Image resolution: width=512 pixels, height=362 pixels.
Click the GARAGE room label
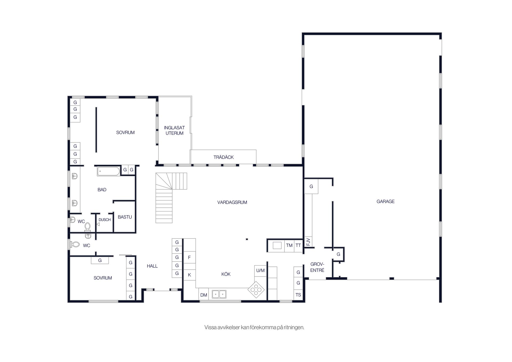[x=385, y=201]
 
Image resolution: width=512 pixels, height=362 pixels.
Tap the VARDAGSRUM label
[x=232, y=202]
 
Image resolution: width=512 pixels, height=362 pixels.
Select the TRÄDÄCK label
[x=223, y=157]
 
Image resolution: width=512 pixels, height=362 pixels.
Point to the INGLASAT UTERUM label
[x=174, y=130]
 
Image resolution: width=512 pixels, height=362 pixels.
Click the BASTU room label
[x=125, y=217]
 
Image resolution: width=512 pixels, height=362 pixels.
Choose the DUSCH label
[x=105, y=220]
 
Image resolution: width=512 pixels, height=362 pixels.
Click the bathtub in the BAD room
[x=109, y=171]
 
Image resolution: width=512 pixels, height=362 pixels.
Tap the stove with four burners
[x=256, y=289]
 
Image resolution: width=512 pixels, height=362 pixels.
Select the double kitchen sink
[x=219, y=294]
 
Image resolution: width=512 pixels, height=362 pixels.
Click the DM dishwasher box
[x=204, y=295]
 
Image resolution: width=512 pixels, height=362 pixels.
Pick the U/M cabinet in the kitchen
[x=260, y=271]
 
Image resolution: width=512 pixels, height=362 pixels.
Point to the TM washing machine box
[x=289, y=245]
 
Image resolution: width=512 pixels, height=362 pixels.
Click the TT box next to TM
[x=298, y=245]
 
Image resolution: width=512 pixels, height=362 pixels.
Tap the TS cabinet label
[x=298, y=295]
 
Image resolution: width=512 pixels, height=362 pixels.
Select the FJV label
[x=308, y=242]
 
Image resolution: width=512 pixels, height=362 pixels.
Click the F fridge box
[x=189, y=257]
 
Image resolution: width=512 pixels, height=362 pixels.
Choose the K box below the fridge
[x=189, y=275]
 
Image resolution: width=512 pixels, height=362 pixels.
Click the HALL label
[x=152, y=266]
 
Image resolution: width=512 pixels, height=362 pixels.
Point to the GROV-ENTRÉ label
[x=317, y=267]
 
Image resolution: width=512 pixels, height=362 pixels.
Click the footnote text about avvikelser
[x=254, y=327]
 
